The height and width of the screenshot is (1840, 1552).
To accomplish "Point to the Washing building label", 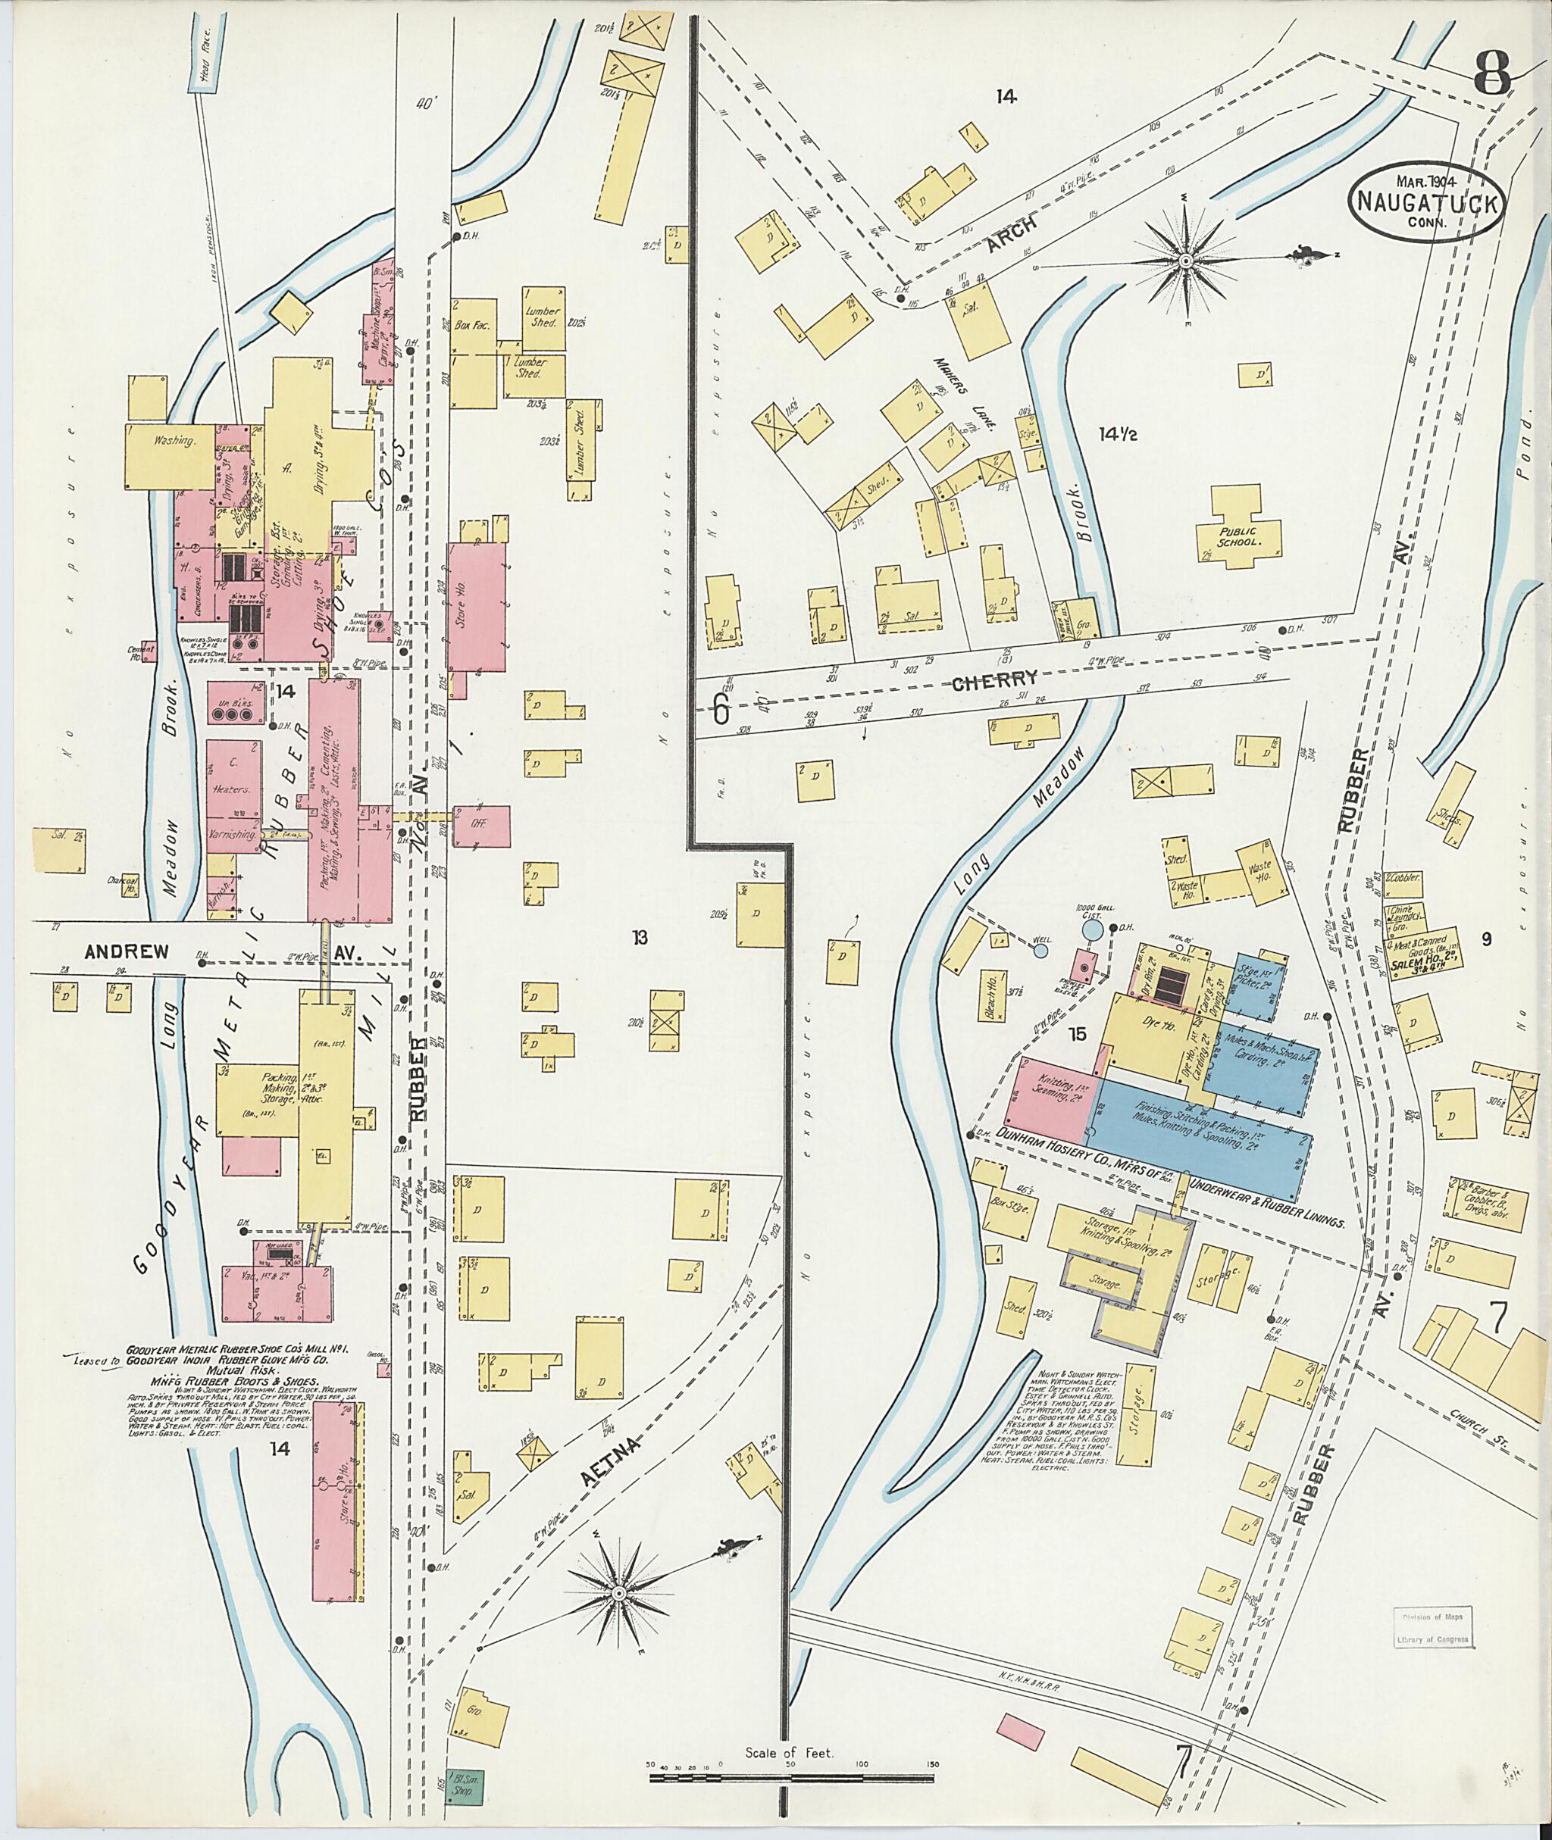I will pyautogui.click(x=174, y=441).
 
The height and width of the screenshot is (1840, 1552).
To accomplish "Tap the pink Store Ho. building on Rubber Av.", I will pyautogui.click(x=476, y=606).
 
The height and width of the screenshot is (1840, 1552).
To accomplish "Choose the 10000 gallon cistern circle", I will pyautogui.click(x=1091, y=927).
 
